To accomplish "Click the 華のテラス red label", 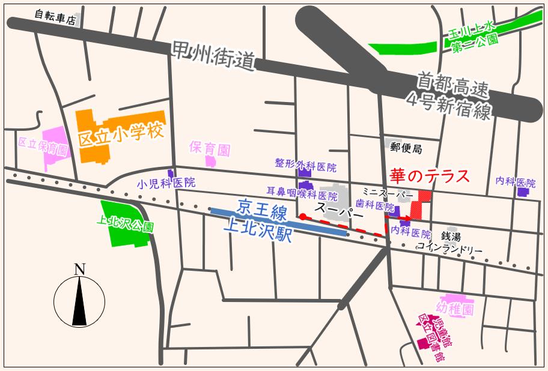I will [429, 176].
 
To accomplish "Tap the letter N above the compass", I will [79, 270].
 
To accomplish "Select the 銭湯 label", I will [451, 237].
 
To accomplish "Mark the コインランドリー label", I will [450, 247].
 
